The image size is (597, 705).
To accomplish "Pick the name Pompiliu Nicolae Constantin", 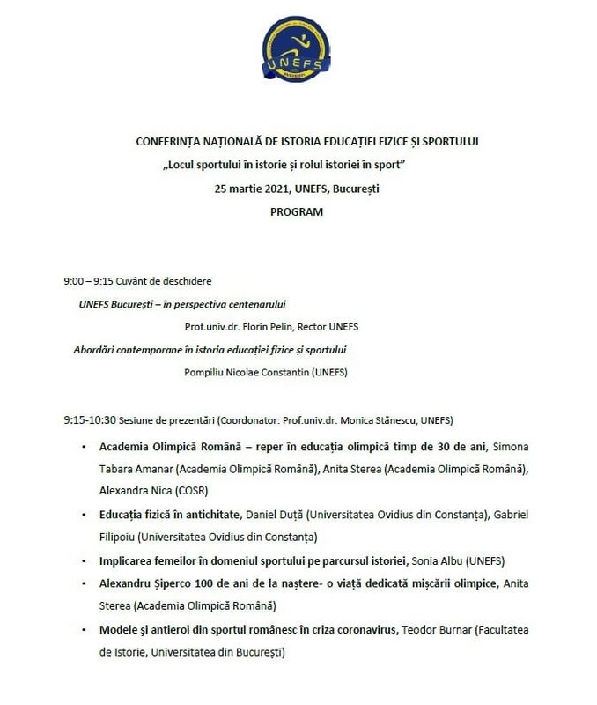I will click(247, 372).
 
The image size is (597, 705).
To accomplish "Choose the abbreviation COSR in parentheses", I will click(193, 490).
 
